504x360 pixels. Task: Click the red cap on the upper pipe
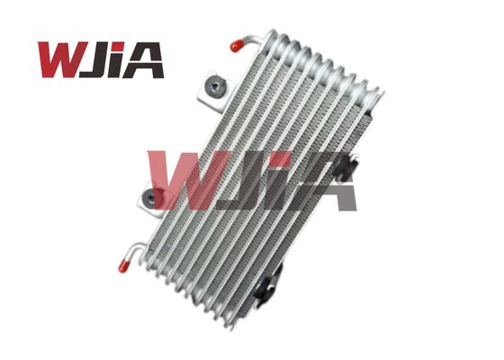(x=238, y=45)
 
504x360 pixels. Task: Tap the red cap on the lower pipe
(x=124, y=265)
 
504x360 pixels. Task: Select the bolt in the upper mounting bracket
(x=214, y=86)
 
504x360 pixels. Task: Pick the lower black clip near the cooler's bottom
(x=267, y=283)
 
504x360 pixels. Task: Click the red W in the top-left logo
(x=61, y=59)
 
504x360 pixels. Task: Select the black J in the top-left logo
(x=94, y=59)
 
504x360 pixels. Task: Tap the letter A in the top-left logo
(x=142, y=60)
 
